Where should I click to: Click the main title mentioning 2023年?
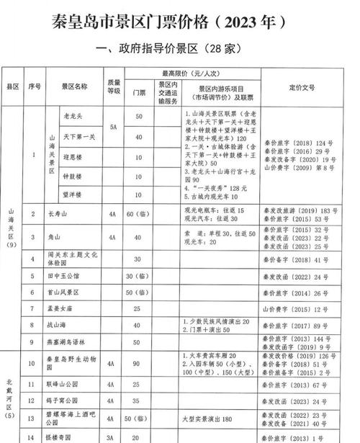(180, 21)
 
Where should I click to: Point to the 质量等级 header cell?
(113, 86)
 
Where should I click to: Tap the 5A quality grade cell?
(113, 126)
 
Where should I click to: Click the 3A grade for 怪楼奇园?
(113, 437)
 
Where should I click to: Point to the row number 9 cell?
(32, 341)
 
